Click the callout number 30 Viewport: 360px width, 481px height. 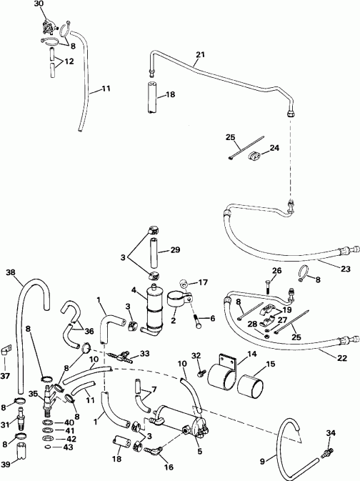[x=39, y=4]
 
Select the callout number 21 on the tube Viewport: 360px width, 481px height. [x=199, y=55]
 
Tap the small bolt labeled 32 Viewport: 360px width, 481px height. [x=202, y=372]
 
